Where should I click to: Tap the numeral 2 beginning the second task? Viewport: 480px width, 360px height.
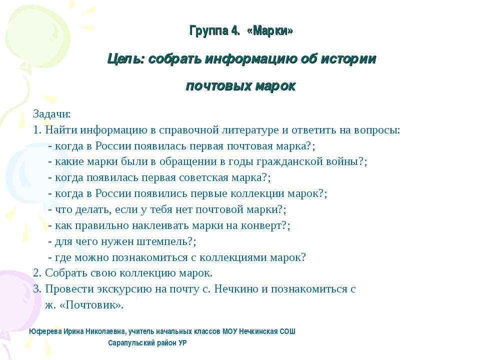tap(36, 273)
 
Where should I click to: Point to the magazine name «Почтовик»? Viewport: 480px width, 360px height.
tap(91, 304)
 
